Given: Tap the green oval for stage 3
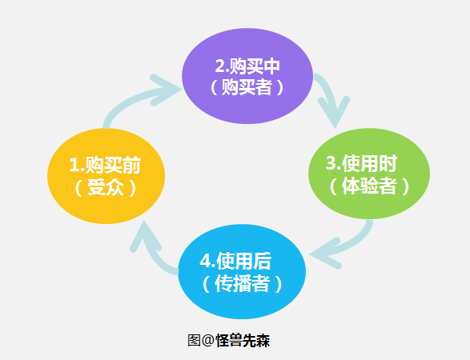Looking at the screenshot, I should pos(369,174).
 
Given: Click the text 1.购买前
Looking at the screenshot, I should pos(106,165).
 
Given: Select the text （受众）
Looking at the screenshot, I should pos(106,188).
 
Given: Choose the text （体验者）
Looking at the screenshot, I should pos(369,186).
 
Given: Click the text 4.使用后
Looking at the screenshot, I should pos(242,261).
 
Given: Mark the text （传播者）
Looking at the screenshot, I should pos(242,283).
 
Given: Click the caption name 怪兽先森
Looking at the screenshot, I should pos(243,340).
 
